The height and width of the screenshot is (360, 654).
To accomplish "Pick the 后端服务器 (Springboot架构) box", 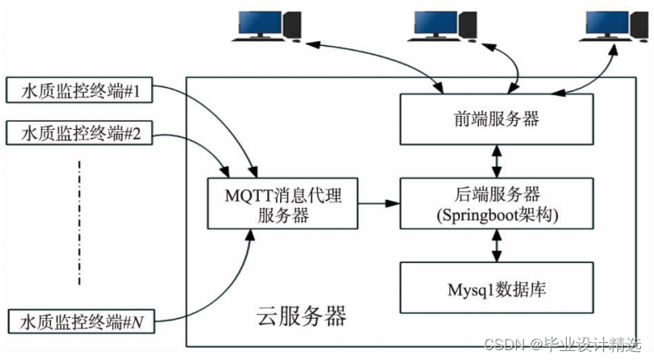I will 495,202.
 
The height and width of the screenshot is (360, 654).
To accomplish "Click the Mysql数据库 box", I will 495,288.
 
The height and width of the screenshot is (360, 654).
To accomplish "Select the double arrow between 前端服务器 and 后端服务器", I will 495,160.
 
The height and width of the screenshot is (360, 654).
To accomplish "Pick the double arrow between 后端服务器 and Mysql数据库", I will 495,245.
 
